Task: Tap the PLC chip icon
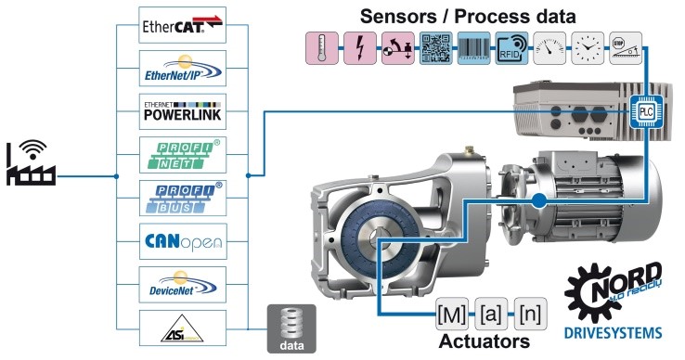[x=643, y=110]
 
